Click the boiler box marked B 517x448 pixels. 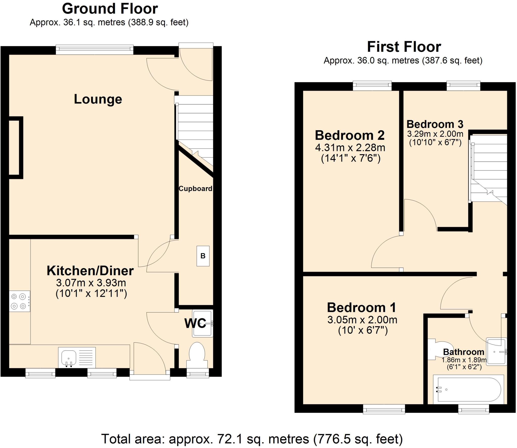pyautogui.click(x=203, y=256)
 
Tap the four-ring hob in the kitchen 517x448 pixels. pyautogui.click(x=19, y=301)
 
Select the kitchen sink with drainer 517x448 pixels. pyautogui.click(x=77, y=357)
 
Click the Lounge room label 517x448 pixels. pyautogui.click(x=98, y=99)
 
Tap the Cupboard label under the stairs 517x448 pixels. pyautogui.click(x=195, y=189)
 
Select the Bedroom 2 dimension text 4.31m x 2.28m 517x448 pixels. pyautogui.click(x=350, y=148)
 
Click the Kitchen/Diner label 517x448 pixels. pyautogui.click(x=90, y=271)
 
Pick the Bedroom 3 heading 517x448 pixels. pyautogui.click(x=435, y=124)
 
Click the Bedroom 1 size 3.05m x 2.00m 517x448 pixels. pyautogui.click(x=362, y=320)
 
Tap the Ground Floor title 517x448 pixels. pyautogui.click(x=110, y=9)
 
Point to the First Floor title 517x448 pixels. pyautogui.click(x=404, y=47)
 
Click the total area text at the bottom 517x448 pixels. pyautogui.click(x=252, y=439)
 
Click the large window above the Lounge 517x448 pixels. pyautogui.click(x=94, y=49)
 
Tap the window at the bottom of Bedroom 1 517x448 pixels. pyautogui.click(x=384, y=410)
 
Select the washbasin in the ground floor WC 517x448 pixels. pyautogui.click(x=202, y=323)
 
